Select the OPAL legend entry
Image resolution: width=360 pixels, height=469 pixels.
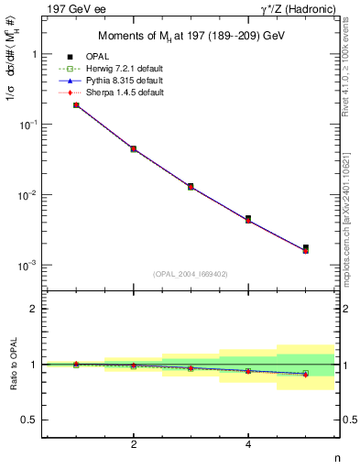pos(100,57)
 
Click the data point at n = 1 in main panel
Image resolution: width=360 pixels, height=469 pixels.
pos(76,105)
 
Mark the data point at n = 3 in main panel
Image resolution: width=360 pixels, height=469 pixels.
pos(191,186)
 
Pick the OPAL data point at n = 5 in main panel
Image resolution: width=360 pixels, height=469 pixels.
pos(305,247)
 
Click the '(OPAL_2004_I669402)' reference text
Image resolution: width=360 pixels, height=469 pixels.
pos(191,273)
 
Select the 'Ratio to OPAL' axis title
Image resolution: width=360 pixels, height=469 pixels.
pos(11,365)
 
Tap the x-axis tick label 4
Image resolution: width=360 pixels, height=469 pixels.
pos(248,445)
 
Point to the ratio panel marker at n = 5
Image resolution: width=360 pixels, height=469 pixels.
pos(305,374)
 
